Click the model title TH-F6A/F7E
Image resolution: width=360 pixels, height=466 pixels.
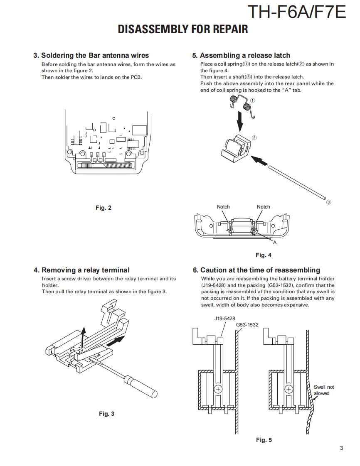pos(296,12)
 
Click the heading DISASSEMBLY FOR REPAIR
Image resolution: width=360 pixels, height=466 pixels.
pos(183,29)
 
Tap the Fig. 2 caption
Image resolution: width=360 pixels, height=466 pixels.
pos(104,208)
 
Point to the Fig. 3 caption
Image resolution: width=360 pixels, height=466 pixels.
pos(106,414)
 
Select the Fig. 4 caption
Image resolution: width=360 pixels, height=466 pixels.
pos(263,255)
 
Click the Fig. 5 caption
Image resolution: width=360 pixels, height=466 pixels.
pos(264,440)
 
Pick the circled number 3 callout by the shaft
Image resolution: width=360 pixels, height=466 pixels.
pos(328,202)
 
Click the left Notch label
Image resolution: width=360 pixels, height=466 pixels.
pos(223,207)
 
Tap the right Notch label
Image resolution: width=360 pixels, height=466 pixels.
pos(263,207)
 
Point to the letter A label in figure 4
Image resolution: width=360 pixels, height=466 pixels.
pos(274,243)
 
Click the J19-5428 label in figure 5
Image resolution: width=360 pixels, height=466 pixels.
pos(224,319)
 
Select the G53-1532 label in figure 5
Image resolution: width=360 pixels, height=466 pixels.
pos(247,324)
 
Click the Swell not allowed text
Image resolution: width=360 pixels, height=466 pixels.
pos(323,390)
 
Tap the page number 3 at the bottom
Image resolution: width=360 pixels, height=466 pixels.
pos(341,448)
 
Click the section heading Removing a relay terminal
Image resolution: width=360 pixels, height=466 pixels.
pos(81,270)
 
